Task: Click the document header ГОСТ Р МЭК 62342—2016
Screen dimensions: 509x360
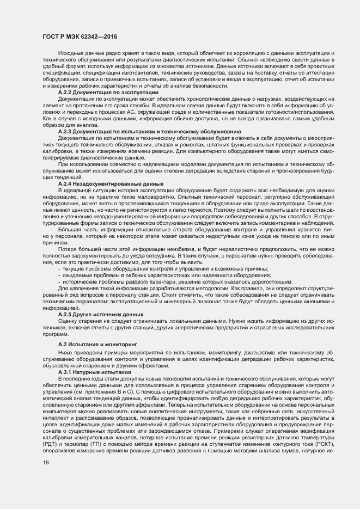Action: pyautogui.click(x=80, y=36)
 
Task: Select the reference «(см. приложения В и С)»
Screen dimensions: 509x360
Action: pyautogui.click(x=109, y=391)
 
